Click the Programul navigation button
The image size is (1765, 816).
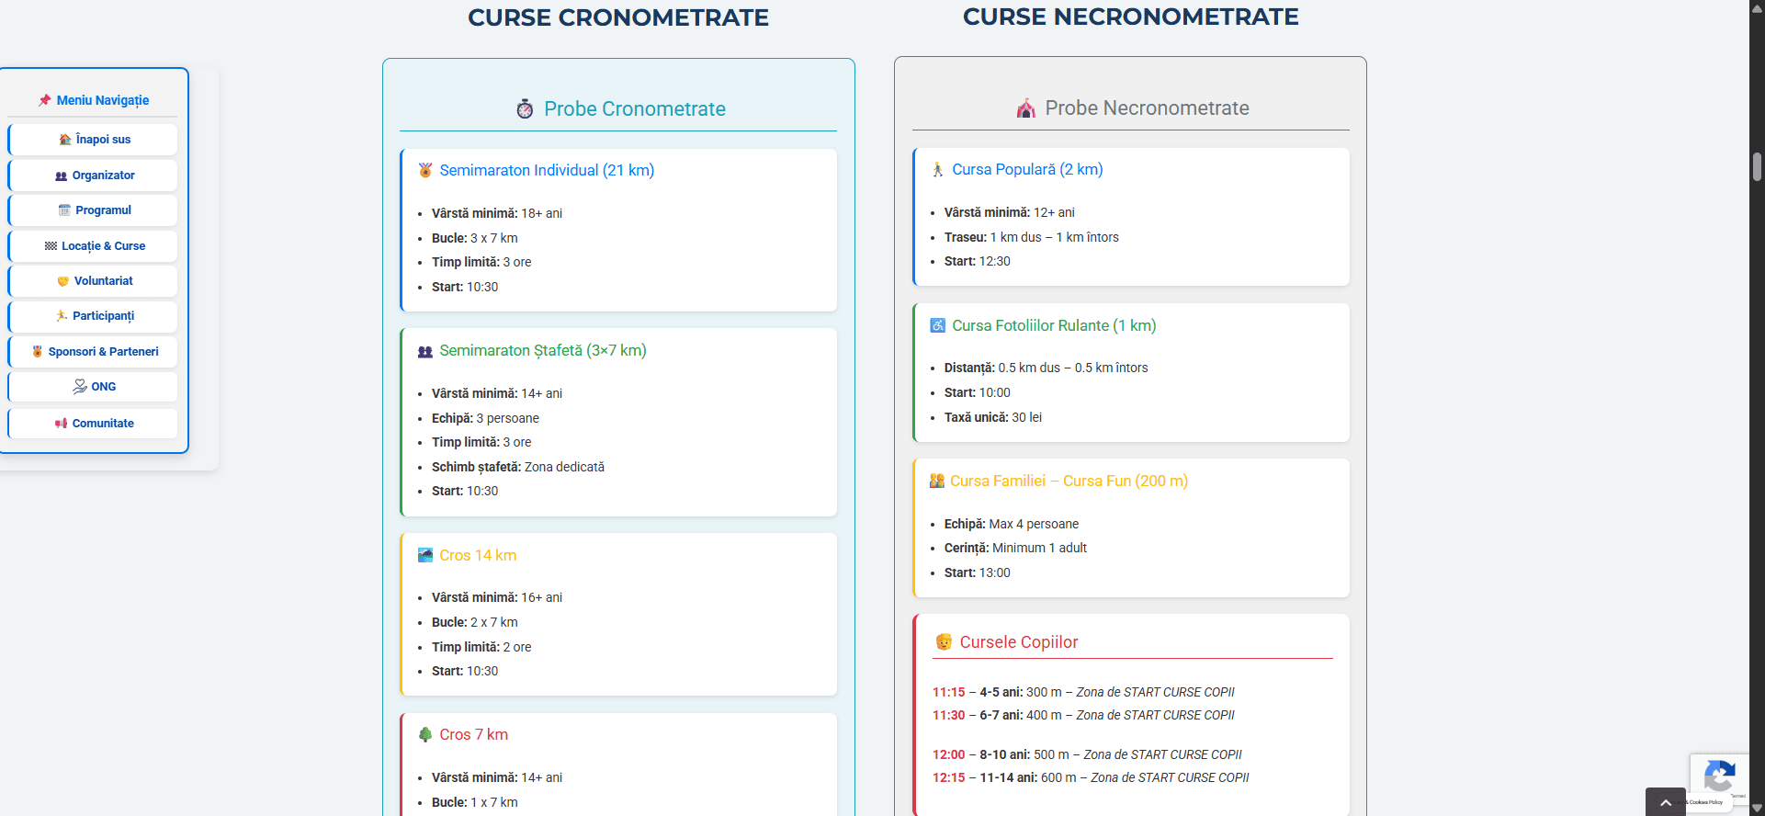tap(93, 210)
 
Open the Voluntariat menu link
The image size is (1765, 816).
tap(93, 281)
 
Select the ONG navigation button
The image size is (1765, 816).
tap(93, 387)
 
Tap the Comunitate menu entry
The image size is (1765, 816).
tap(93, 424)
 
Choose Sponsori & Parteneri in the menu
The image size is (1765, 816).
tap(93, 352)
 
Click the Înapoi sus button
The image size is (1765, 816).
tap(93, 140)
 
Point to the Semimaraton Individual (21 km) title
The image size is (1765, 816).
tap(547, 170)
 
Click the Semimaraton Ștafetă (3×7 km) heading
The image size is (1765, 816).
tap(543, 350)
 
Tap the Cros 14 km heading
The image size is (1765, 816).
tap(478, 555)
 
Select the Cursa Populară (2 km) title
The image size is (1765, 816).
tap(1027, 169)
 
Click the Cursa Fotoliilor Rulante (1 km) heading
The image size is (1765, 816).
tap(1054, 325)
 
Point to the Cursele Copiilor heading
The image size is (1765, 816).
tap(1019, 642)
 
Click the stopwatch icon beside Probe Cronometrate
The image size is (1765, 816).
tap(525, 108)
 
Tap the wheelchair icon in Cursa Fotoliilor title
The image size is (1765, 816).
tap(938, 325)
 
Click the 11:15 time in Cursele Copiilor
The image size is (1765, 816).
tap(949, 692)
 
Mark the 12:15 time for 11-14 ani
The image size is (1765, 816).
tap(949, 777)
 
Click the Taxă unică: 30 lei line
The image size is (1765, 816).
tap(993, 417)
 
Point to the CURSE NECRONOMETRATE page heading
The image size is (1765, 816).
tap(1131, 17)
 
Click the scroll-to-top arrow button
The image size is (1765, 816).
tap(1666, 802)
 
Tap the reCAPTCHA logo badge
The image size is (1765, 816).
tap(1719, 776)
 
